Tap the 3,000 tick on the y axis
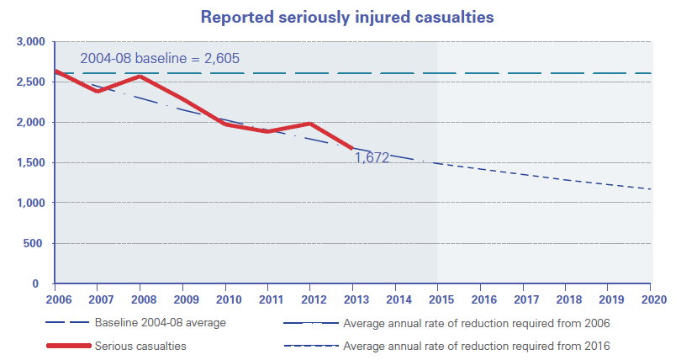[30, 41]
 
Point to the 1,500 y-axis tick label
[30, 162]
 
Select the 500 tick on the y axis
[36, 243]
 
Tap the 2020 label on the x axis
[651, 299]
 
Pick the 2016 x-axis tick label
[481, 299]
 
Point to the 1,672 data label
[371, 157]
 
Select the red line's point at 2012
[311, 124]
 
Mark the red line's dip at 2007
[98, 92]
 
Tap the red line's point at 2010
[226, 124]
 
